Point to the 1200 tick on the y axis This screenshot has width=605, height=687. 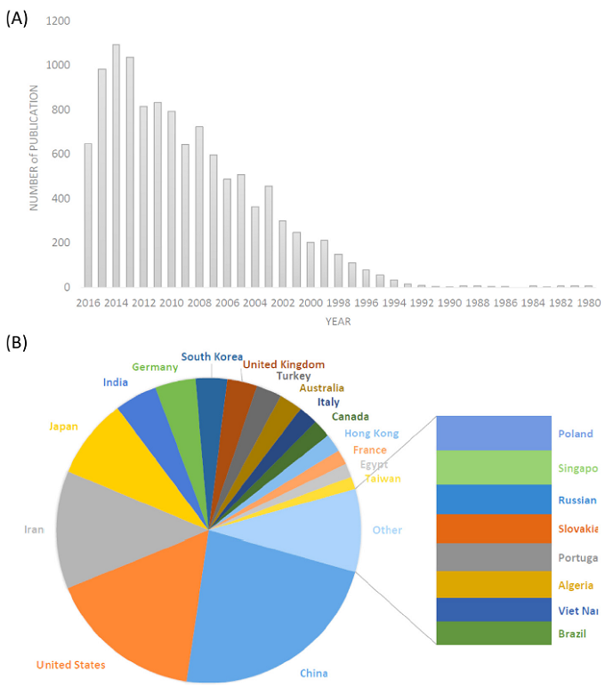[x=60, y=20]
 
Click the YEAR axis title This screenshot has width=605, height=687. [x=337, y=321]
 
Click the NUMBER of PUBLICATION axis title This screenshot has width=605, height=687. [x=35, y=148]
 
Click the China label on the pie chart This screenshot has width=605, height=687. [x=313, y=673]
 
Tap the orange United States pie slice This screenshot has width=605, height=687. [x=133, y=604]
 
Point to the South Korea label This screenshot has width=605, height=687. [x=212, y=356]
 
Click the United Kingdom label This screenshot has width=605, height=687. [x=284, y=364]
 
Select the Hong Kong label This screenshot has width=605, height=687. [x=372, y=433]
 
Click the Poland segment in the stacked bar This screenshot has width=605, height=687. [x=494, y=433]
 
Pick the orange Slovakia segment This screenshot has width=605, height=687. [x=494, y=530]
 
